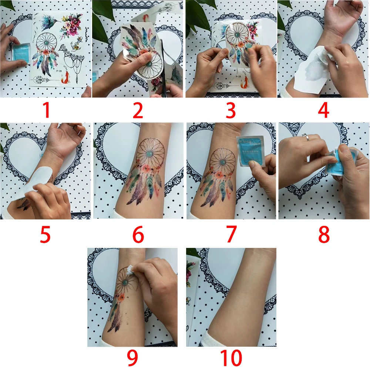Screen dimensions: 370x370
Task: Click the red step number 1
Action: tap(46, 111)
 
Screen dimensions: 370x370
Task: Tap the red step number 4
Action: tap(323, 111)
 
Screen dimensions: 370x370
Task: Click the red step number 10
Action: tap(231, 359)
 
